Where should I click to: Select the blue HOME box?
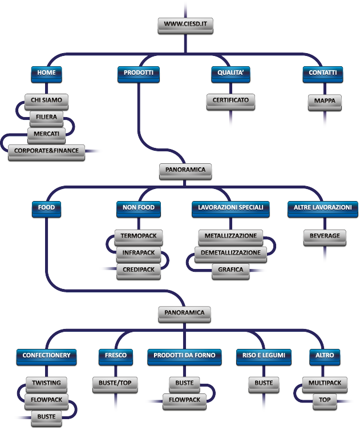coord(46,73)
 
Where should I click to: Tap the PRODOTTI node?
coord(139,73)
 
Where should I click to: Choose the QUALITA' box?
coord(230,73)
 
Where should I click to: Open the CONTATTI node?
coord(322,73)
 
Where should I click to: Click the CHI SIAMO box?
coord(47,101)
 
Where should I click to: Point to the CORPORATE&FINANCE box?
coord(46,151)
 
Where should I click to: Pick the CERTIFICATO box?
coord(230,101)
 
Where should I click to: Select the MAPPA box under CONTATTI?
coord(325,101)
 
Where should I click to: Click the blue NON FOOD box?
coord(138,207)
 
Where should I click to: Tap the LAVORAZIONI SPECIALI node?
coord(230,207)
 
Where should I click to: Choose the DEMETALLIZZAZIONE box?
coord(230,253)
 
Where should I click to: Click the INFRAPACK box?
coord(139,253)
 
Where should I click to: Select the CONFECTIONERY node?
coord(46,355)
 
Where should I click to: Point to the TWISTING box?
coord(47,383)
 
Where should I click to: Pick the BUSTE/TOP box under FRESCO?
coord(115,383)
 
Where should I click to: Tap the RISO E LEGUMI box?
coord(264,355)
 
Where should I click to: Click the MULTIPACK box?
coord(325,383)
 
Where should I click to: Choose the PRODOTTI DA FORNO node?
coord(184,355)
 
